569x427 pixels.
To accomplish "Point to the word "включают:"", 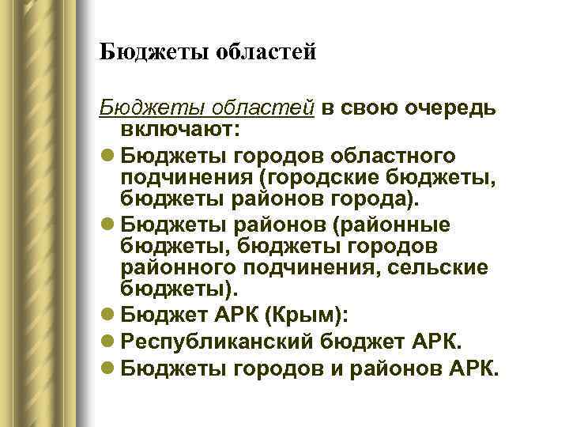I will pos(182,127).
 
